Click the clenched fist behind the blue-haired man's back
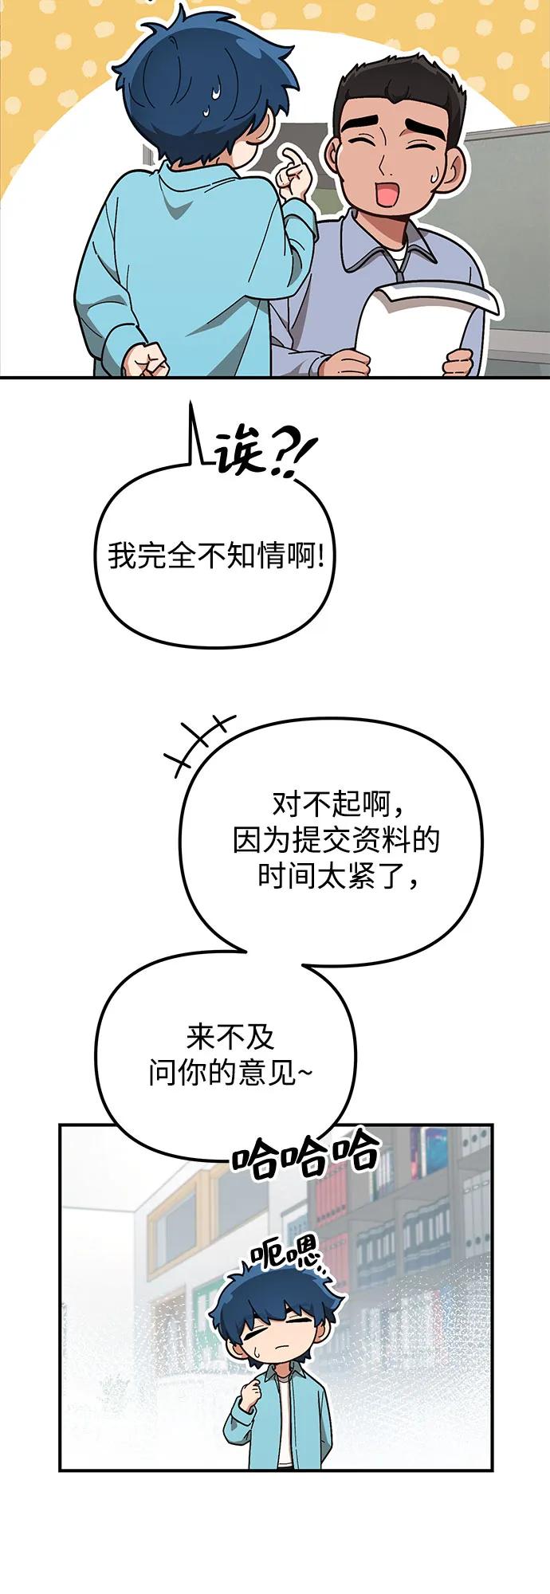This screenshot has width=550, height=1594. click(x=146, y=359)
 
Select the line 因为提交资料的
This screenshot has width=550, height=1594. click(x=336, y=840)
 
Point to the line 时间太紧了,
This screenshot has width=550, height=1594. click(x=336, y=877)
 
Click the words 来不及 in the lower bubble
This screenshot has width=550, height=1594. click(x=230, y=1037)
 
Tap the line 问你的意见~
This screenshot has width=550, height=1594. click(x=230, y=1073)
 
